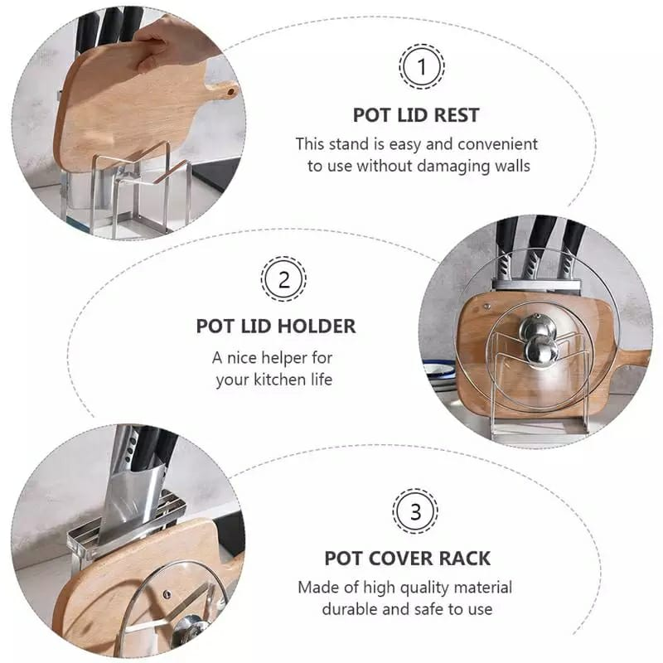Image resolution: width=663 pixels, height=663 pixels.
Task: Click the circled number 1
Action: [422, 66]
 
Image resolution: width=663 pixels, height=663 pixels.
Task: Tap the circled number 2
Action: [283, 279]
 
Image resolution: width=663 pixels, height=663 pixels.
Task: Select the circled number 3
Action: [415, 511]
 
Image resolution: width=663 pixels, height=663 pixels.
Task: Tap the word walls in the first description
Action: [512, 165]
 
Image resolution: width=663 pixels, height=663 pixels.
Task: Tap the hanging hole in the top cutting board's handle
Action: [231, 91]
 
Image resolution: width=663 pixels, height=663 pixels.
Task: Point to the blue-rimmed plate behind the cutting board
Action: [440, 370]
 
